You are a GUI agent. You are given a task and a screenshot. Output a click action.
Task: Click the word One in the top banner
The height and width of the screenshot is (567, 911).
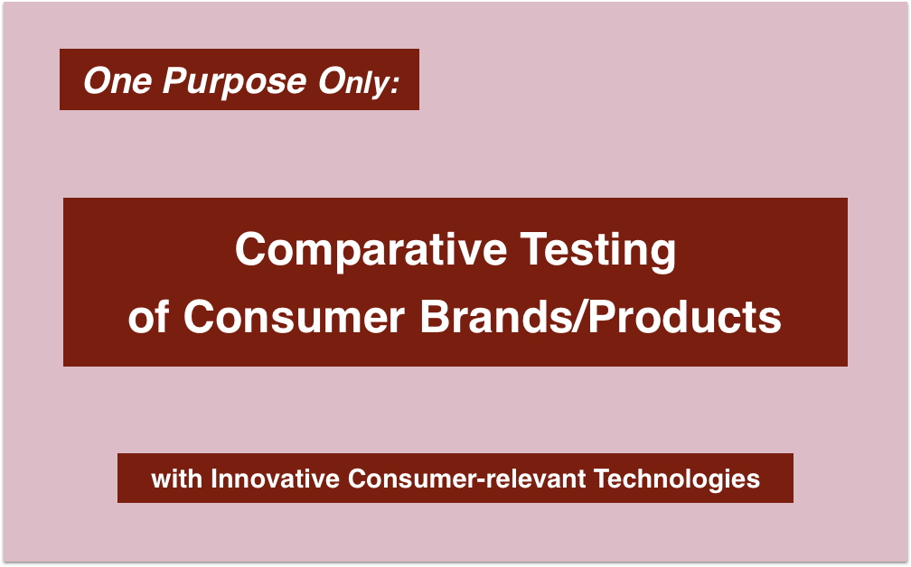coord(117,80)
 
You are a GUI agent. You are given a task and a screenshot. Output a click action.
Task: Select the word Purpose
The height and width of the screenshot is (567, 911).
coord(234,82)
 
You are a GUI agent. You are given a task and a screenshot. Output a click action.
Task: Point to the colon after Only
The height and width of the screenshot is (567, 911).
coord(395,84)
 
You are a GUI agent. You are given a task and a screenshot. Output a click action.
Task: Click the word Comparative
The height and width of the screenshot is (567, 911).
coord(371,250)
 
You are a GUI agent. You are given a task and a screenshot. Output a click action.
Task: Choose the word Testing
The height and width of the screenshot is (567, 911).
coord(598,252)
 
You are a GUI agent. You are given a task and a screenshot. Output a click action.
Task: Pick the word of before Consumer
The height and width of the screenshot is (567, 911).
coord(149,317)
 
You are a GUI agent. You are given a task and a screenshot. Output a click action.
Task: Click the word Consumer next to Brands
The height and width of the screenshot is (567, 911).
coord(294,317)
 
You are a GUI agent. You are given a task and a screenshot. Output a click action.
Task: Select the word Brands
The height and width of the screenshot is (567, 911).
coord(496,317)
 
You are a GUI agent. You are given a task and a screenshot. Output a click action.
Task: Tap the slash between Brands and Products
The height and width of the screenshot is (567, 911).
coord(580,317)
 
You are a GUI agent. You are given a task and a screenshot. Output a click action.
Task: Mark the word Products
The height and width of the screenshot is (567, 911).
coord(685,317)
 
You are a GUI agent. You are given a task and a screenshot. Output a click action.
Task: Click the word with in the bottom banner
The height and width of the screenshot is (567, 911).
coord(176,479)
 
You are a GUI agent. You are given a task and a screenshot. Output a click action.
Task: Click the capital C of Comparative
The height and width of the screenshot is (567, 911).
coord(249,249)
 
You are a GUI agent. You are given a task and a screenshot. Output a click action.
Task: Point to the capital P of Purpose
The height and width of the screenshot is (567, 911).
coord(176,80)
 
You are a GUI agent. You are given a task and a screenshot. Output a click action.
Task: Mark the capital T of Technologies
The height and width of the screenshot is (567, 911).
coord(602,479)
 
